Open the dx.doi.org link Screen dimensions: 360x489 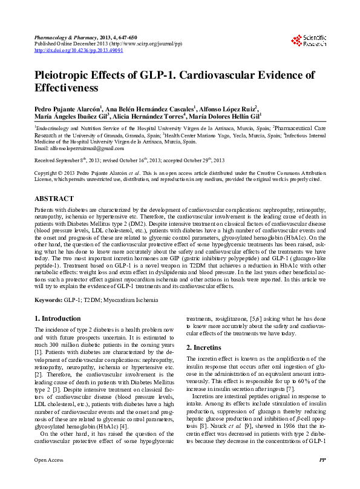(79, 51)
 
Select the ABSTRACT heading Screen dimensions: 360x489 (54, 199)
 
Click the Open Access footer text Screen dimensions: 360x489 (48, 477)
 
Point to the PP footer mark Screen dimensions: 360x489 (322, 477)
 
